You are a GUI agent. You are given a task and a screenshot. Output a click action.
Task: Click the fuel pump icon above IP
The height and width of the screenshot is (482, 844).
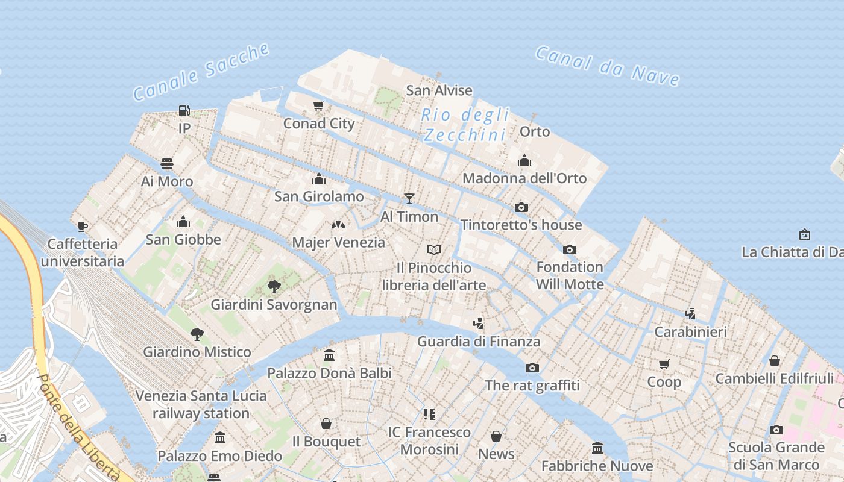tap(184, 111)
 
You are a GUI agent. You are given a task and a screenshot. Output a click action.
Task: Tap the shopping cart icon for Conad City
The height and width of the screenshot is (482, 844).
tap(319, 106)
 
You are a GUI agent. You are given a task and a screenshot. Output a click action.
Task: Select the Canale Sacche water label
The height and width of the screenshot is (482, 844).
tap(201, 72)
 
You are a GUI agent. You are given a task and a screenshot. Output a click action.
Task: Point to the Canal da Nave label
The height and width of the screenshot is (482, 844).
tap(608, 65)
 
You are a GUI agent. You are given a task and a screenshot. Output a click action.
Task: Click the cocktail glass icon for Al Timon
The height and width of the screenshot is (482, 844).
tap(409, 198)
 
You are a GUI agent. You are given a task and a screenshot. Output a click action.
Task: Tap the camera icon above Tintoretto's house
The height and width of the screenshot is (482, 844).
tap(521, 207)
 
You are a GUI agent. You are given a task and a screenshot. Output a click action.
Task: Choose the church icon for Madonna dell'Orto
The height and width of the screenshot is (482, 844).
tap(524, 160)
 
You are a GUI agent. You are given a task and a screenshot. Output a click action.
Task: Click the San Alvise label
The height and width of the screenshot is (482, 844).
tap(439, 90)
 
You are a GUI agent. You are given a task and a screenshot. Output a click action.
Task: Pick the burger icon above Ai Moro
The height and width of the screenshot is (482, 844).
tap(167, 164)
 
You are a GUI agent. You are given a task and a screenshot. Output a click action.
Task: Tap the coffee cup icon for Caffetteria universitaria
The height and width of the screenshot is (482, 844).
tap(83, 227)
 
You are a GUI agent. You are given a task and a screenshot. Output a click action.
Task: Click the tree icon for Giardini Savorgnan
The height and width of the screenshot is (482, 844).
tap(274, 286)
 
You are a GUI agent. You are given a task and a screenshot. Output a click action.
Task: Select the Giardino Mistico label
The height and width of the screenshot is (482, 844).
tap(197, 352)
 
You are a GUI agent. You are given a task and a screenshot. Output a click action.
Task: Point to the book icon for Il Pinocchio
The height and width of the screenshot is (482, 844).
tap(434, 249)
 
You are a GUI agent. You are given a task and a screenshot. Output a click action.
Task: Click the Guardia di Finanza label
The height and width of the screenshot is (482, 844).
tap(479, 342)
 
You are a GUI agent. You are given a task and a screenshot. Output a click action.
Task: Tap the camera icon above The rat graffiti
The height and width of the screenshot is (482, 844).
tap(532, 368)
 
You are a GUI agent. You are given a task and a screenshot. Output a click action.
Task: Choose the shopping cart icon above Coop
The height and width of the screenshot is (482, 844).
tap(664, 364)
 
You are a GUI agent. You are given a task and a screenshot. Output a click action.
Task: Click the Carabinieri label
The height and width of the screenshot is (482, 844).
tap(690, 331)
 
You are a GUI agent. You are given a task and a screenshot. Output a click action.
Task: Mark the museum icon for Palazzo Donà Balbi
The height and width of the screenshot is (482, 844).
tap(329, 355)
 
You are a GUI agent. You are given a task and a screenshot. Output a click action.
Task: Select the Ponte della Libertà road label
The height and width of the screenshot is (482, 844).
tap(77, 429)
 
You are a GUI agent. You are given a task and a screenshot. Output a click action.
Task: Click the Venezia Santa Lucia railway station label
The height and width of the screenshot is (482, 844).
tap(201, 404)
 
